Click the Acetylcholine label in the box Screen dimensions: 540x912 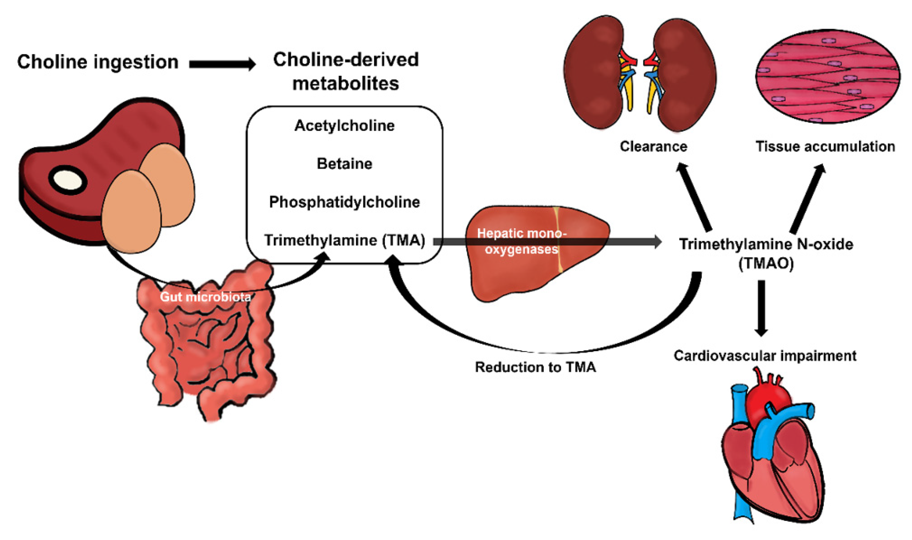pyautogui.click(x=344, y=126)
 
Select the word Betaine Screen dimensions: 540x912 pyautogui.click(x=344, y=164)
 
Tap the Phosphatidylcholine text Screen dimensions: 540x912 pyautogui.click(x=344, y=202)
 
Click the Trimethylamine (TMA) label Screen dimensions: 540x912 pyautogui.click(x=344, y=240)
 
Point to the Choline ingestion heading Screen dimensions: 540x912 pyautogui.click(x=98, y=62)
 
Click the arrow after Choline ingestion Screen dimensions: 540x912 pyautogui.click(x=222, y=64)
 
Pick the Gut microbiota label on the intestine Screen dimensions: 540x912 pyautogui.click(x=205, y=297)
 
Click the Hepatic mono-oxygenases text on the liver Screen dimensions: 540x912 pyautogui.click(x=521, y=241)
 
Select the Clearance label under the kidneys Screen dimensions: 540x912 pyautogui.click(x=653, y=146)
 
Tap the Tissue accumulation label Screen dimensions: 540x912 pyautogui.click(x=825, y=146)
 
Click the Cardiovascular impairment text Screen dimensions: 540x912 pyautogui.click(x=765, y=356)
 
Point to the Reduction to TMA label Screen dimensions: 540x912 pyautogui.click(x=535, y=367)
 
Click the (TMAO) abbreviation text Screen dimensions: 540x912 pyautogui.click(x=766, y=263)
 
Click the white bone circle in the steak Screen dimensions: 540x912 pyautogui.click(x=67, y=180)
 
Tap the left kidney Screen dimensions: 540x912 pyautogui.click(x=593, y=73)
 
